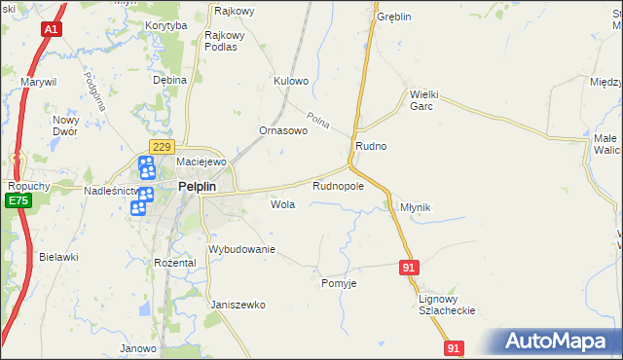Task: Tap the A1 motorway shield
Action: pos(52,30)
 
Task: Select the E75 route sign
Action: pos(16,200)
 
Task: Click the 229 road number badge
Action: pos(162,146)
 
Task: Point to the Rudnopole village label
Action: pos(338,186)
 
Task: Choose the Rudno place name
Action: pos(371,146)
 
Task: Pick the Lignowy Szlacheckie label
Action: pos(446,304)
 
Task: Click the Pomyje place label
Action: pos(340,283)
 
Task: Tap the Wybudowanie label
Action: pos(242,250)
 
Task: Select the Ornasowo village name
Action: pos(283,129)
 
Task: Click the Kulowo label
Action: pos(291,81)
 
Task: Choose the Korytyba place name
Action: pos(165,26)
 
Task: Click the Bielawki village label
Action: pos(58,257)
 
